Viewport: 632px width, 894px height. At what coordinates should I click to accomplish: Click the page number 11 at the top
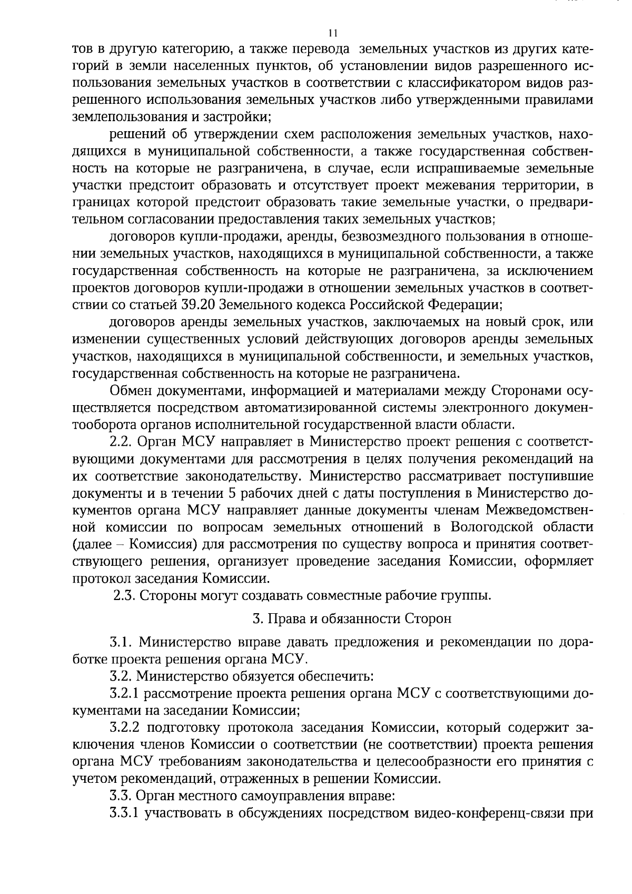click(332, 33)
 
